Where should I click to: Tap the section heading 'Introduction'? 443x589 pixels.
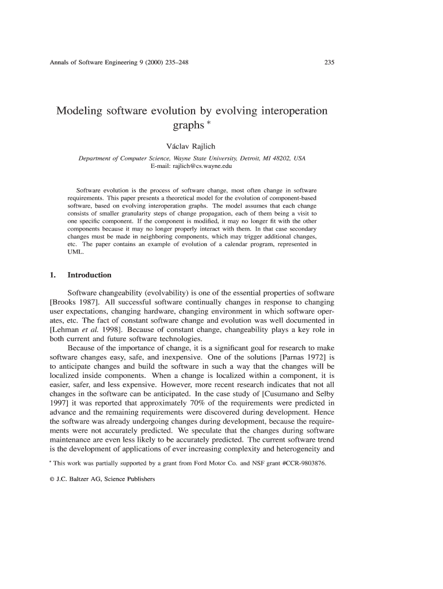click(89, 275)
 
